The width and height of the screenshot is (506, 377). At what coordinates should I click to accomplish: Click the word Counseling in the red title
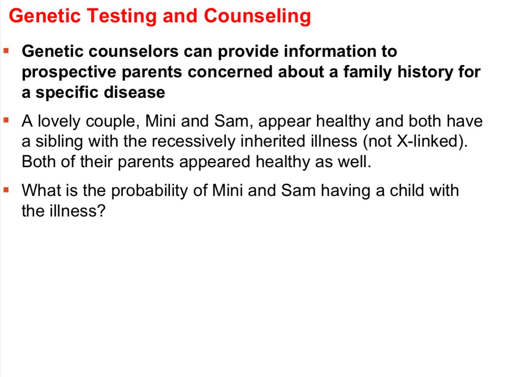coord(257,17)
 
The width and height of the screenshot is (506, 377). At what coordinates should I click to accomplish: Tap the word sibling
coord(56,142)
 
